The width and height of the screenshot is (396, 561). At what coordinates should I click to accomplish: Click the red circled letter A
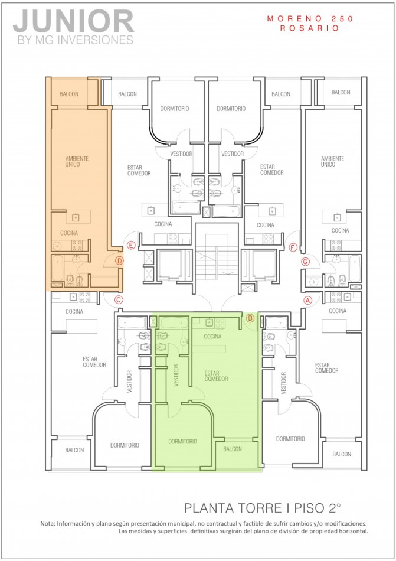[x=307, y=299]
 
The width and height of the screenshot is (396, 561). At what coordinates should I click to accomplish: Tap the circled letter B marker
[x=250, y=318]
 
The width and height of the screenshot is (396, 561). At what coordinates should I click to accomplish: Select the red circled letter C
[x=118, y=299]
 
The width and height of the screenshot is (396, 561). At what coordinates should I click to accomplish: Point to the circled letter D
[x=119, y=260]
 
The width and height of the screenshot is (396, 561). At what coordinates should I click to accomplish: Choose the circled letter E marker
[x=130, y=245]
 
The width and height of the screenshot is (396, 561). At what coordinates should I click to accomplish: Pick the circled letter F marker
[x=293, y=247]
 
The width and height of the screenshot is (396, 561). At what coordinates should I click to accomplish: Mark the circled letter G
[x=305, y=261]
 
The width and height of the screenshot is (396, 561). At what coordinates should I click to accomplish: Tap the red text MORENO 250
[x=310, y=19]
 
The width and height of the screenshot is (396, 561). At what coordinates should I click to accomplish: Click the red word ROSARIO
[x=310, y=28]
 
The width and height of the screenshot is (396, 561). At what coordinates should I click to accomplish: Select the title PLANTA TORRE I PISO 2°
[x=263, y=507]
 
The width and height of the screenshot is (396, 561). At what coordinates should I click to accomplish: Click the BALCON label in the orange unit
[x=68, y=94]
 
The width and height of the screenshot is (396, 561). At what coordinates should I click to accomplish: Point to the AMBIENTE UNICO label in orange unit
[x=77, y=161]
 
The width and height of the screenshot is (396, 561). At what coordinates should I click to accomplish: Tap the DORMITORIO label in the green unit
[x=182, y=441]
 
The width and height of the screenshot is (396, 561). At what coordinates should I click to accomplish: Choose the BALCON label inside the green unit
[x=233, y=449]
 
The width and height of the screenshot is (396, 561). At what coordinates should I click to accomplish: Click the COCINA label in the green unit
[x=212, y=336]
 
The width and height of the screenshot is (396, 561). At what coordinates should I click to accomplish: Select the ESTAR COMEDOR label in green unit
[x=216, y=376]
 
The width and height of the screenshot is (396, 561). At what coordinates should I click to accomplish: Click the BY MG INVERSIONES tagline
[x=73, y=40]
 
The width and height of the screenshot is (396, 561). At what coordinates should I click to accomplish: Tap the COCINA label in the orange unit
[x=68, y=233]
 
